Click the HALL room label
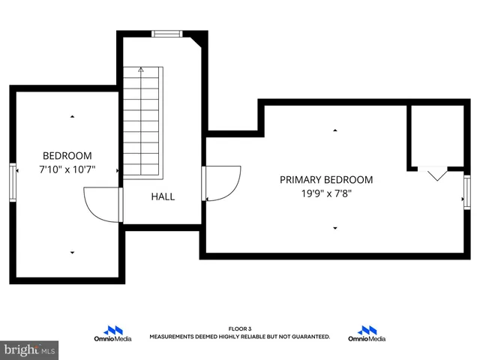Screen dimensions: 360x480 (163, 196)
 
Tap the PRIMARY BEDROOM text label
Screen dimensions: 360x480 (326, 180)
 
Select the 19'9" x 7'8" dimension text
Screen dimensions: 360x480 (326, 194)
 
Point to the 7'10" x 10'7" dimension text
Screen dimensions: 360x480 (68, 170)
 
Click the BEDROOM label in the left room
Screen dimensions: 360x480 (67, 156)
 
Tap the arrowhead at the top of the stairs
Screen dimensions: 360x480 (141, 70)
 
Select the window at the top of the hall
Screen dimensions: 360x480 (166, 33)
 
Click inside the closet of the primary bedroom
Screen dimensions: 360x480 (436, 135)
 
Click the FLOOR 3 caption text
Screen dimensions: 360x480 (240, 329)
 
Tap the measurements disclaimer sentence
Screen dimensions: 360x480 (240, 337)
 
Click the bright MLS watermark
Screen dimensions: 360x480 (30, 349)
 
